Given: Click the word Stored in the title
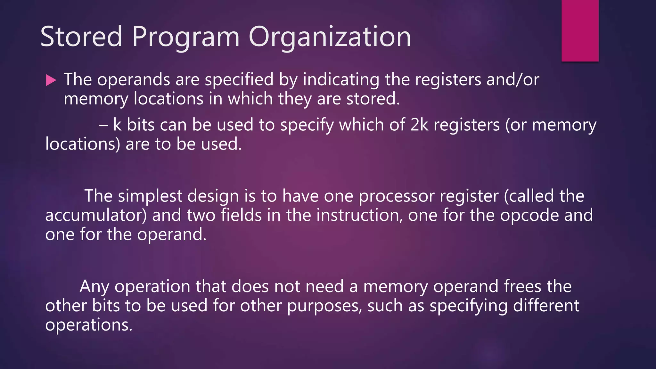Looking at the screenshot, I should tap(81, 37).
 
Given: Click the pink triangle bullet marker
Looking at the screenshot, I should tap(51, 80).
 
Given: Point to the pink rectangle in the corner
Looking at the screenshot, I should tap(580, 30).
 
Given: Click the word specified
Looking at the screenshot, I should tap(239, 80).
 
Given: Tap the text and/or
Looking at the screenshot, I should tap(512, 80).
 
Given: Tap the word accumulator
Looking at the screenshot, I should tap(96, 215).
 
